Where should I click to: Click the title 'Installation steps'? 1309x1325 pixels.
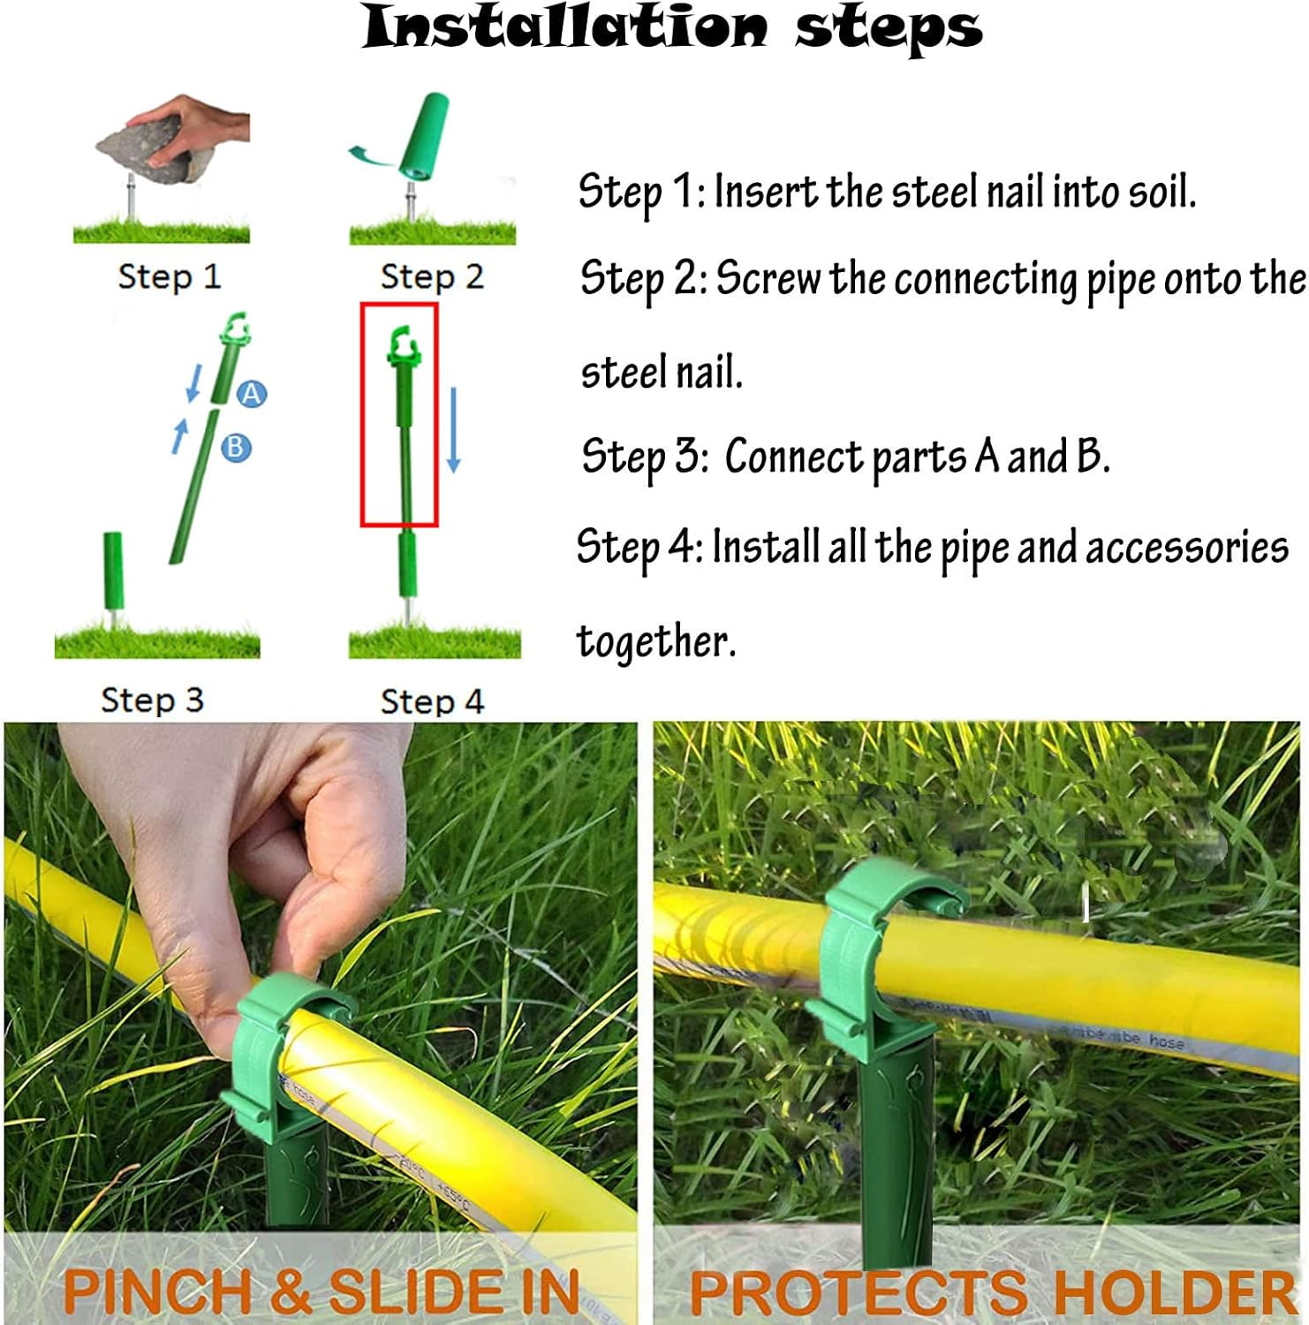click(672, 27)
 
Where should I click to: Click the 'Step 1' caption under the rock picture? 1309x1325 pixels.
click(169, 276)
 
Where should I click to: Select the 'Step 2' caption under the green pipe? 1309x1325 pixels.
click(432, 276)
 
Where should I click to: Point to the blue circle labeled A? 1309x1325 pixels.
click(252, 394)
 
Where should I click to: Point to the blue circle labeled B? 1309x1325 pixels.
click(235, 447)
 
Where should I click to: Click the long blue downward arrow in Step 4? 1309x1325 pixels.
click(453, 429)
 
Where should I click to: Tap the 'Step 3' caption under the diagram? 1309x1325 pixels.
click(152, 700)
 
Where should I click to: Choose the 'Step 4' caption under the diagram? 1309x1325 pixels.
click(432, 701)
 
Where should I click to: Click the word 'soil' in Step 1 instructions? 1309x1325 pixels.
click(1159, 192)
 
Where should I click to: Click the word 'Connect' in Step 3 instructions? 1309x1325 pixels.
click(793, 458)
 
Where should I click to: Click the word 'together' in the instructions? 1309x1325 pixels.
click(654, 641)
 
